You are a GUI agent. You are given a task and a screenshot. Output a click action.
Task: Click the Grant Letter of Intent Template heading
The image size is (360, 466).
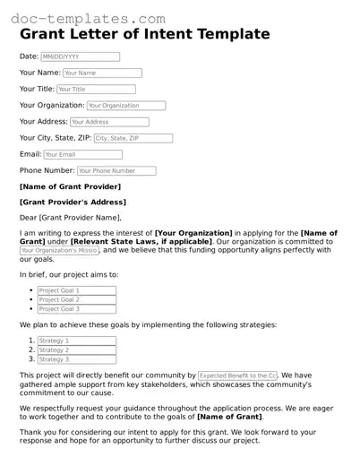click(x=144, y=34)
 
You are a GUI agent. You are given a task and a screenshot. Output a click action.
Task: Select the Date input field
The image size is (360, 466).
click(x=80, y=56)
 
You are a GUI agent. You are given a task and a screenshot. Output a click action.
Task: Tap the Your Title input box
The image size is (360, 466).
click(x=96, y=90)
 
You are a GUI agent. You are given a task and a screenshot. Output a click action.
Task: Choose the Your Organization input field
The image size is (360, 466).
click(x=125, y=106)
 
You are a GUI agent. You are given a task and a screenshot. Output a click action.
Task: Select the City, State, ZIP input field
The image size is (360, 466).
click(x=133, y=138)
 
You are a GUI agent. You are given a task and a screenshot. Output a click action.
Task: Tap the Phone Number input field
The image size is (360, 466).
click(x=116, y=170)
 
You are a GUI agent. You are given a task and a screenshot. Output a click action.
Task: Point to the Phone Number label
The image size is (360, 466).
click(x=47, y=170)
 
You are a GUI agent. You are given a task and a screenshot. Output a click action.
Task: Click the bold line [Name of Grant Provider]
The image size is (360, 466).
click(x=69, y=186)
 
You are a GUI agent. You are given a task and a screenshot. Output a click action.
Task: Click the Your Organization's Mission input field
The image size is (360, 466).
click(x=59, y=251)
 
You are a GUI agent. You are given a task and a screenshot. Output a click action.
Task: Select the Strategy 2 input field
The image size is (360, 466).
click(x=77, y=350)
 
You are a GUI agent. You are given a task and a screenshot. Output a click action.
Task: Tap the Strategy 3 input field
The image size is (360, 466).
click(x=77, y=359)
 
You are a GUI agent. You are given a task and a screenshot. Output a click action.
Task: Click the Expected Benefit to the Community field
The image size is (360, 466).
click(x=238, y=375)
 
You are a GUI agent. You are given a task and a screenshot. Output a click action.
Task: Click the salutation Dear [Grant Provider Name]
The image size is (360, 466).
click(x=70, y=218)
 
